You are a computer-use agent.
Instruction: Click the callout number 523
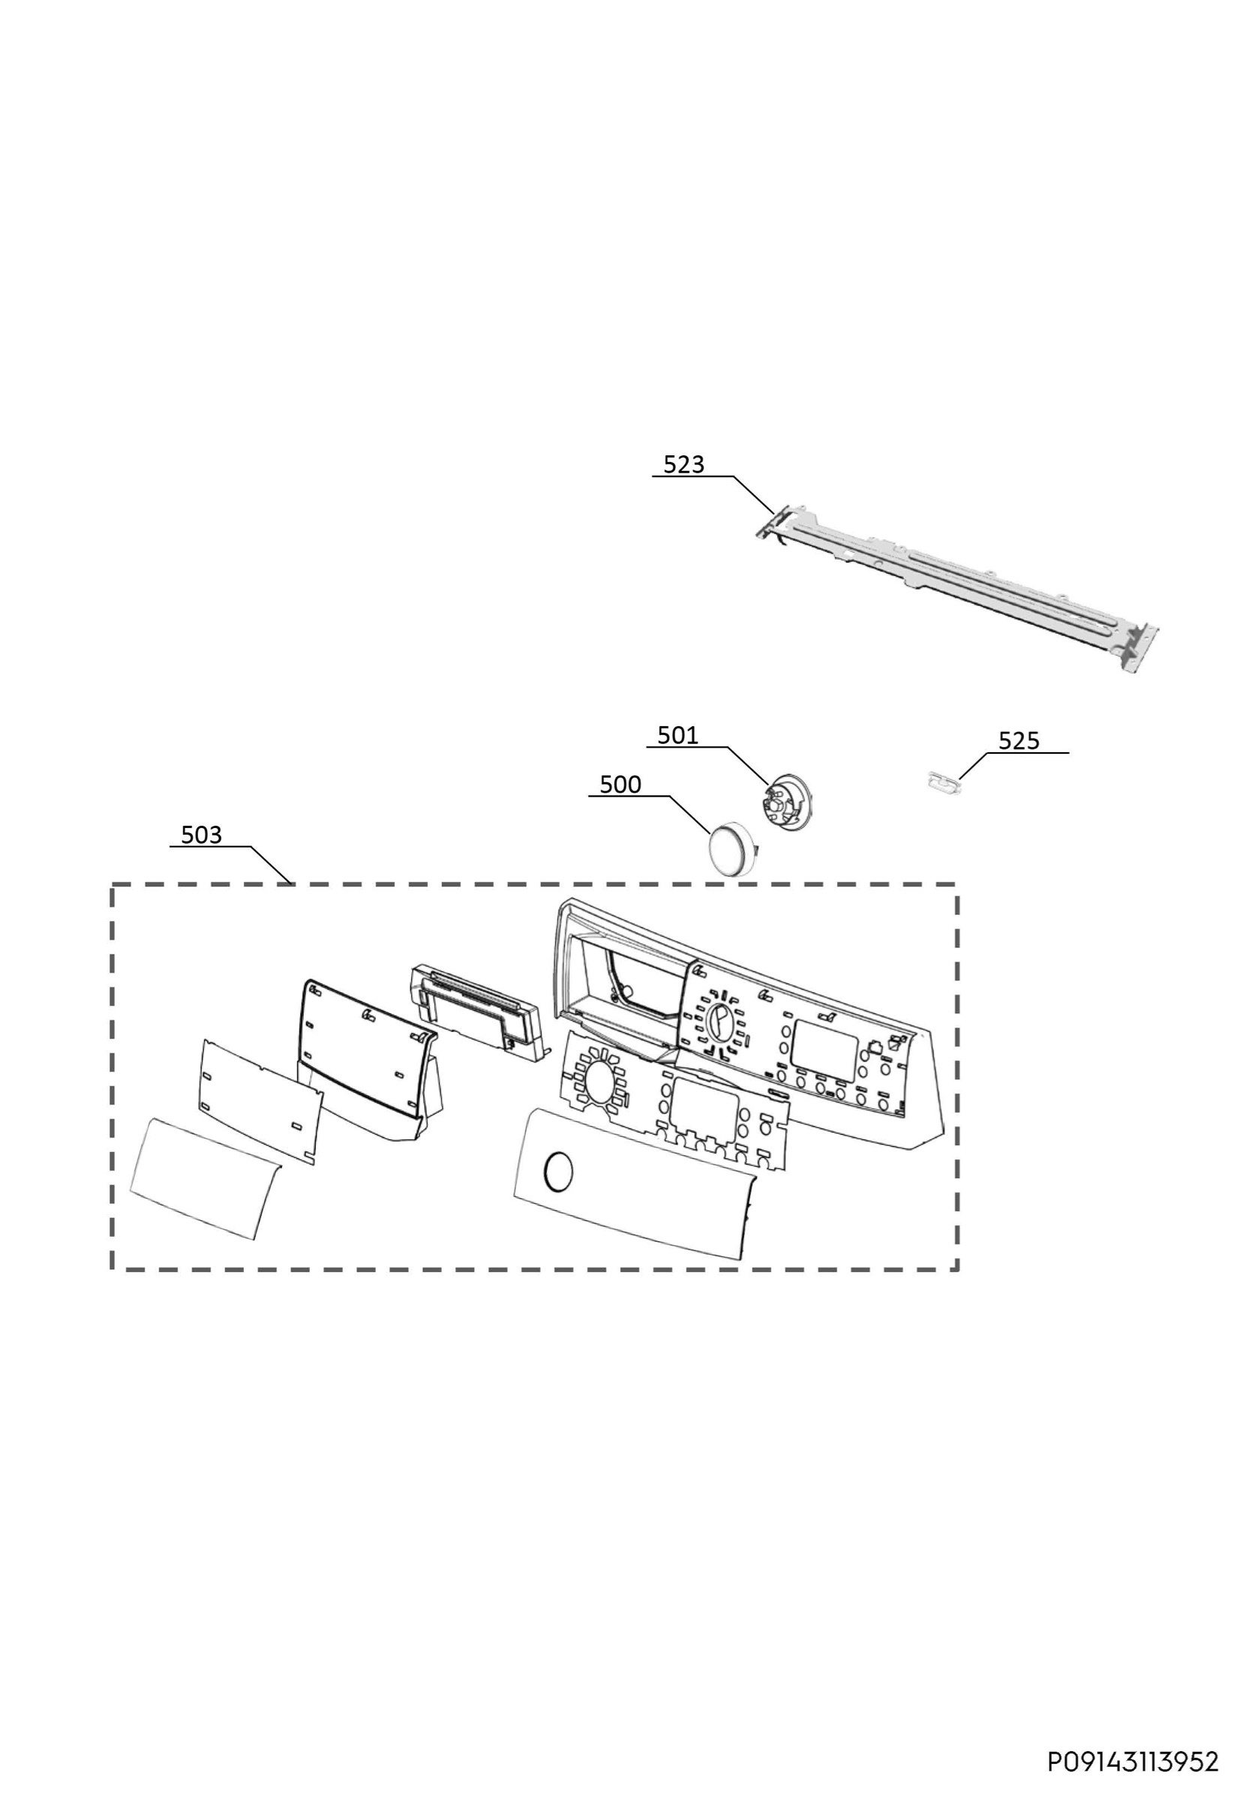pyautogui.click(x=683, y=464)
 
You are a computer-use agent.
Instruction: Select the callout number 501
pyautogui.click(x=677, y=735)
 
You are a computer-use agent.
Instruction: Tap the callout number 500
pyautogui.click(x=620, y=784)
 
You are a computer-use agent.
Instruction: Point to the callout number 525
pyautogui.click(x=1019, y=741)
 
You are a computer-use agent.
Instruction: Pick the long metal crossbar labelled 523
pyautogui.click(x=956, y=589)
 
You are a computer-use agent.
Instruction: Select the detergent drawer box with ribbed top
pyautogui.click(x=477, y=1013)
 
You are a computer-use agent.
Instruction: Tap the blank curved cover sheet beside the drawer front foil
pyautogui.click(x=205, y=1178)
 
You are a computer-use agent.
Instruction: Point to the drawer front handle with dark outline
pyautogui.click(x=368, y=1062)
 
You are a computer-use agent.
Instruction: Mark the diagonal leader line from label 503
pyautogui.click(x=272, y=865)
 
